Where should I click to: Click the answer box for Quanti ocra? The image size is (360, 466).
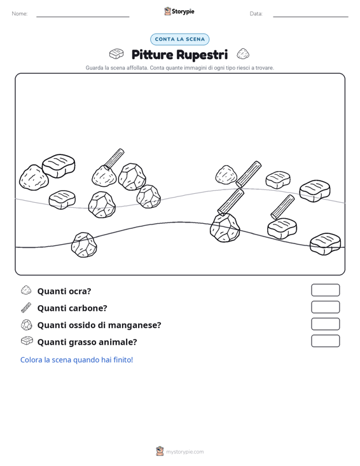(325, 290)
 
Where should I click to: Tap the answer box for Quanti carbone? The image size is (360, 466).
(325, 307)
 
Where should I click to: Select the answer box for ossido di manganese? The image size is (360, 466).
(325, 324)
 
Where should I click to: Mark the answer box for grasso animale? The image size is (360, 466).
(325, 341)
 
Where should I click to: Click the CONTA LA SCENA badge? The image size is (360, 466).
(179, 39)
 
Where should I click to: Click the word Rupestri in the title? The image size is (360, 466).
(202, 55)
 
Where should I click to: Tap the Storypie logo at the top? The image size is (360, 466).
(179, 11)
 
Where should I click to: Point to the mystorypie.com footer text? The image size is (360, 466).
(184, 452)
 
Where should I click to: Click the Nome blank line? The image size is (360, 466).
(83, 17)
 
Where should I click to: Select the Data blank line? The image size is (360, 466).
(310, 17)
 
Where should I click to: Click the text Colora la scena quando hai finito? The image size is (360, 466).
(76, 360)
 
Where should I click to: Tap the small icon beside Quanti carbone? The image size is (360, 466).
(26, 308)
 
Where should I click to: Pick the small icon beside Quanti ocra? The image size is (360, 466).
(26, 290)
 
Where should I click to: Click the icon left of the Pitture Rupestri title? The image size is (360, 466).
(116, 54)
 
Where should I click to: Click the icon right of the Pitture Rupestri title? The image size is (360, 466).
(243, 54)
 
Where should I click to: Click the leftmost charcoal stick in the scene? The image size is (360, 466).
(114, 159)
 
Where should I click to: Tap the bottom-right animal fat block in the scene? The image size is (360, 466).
(325, 243)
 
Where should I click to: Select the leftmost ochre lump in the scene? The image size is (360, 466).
(34, 178)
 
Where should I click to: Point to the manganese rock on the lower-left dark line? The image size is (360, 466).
(84, 245)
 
